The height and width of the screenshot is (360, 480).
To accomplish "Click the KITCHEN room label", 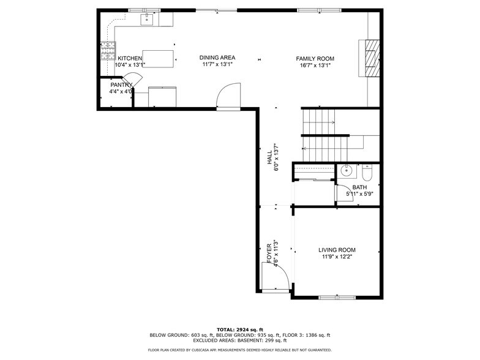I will pyautogui.click(x=130, y=58).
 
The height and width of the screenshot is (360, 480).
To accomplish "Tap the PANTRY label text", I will pyautogui.click(x=121, y=85).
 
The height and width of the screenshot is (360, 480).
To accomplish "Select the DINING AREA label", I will pyautogui.click(x=217, y=58).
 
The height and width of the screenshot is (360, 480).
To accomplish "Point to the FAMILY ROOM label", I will pyautogui.click(x=315, y=59).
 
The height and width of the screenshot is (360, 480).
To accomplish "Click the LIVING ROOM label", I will pyautogui.click(x=337, y=250).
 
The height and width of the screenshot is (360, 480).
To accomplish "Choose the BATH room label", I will pyautogui.click(x=359, y=187).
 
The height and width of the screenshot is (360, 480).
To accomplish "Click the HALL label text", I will pyautogui.click(x=269, y=157).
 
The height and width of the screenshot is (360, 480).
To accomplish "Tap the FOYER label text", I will pyautogui.click(x=269, y=253).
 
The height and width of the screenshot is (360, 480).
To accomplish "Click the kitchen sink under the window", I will pyautogui.click(x=148, y=20).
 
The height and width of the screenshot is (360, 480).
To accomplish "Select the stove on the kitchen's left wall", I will pyautogui.click(x=108, y=50).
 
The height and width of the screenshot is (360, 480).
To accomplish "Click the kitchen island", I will pyautogui.click(x=158, y=58).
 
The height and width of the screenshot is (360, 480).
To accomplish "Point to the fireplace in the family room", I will pyautogui.click(x=370, y=58).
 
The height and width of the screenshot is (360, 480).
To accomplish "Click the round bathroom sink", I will pyautogui.click(x=345, y=171).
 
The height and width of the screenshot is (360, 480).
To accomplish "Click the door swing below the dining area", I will pyautogui.click(x=227, y=97).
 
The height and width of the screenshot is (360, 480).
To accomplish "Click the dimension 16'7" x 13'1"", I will pyautogui.click(x=315, y=65).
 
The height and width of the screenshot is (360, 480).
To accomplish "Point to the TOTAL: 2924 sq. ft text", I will pyautogui.click(x=239, y=329).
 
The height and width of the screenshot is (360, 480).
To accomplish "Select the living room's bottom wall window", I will pyautogui.click(x=336, y=298).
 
